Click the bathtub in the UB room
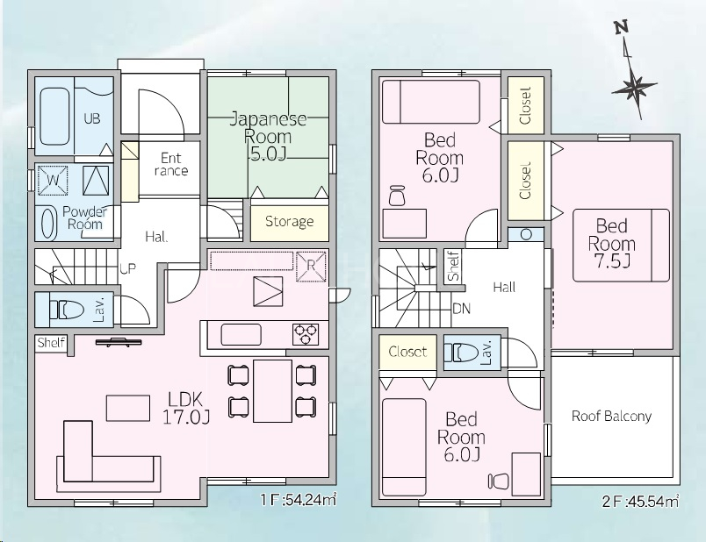click(54, 117)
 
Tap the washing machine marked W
click(53, 181)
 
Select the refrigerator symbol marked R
click(311, 267)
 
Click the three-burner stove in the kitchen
click(306, 334)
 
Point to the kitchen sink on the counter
click(241, 335)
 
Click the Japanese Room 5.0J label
click(269, 136)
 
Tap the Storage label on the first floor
click(289, 221)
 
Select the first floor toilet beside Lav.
click(67, 310)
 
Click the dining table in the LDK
click(272, 391)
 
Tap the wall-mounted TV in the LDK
click(119, 342)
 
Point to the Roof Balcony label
click(611, 416)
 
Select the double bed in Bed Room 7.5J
click(621, 246)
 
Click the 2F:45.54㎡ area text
click(640, 501)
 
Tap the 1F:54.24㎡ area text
click(298, 499)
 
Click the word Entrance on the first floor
click(170, 164)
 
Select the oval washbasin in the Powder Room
click(48, 223)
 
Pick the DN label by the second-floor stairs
click(461, 309)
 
